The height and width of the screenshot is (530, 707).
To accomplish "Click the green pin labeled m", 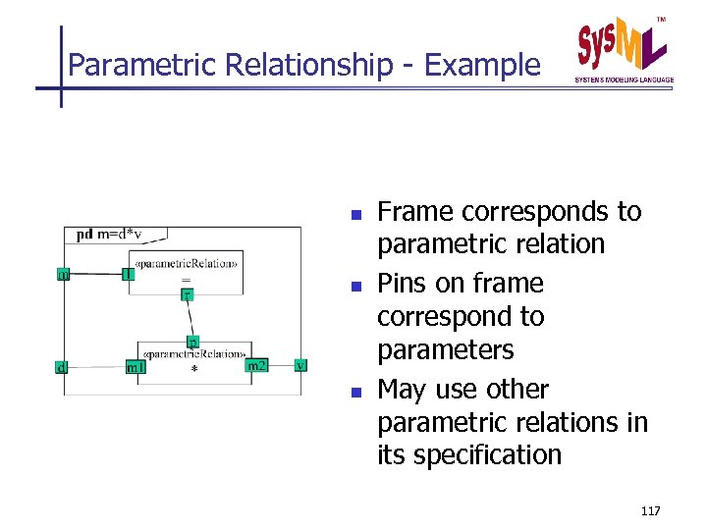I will (x=63, y=276).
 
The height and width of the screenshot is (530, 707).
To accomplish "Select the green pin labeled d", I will (x=61, y=367).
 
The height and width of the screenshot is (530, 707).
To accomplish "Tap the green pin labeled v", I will (x=300, y=366).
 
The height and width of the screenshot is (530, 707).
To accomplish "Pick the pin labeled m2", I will (x=256, y=366).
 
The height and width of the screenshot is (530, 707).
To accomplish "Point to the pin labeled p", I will (x=193, y=343).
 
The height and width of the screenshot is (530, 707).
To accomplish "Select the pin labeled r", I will (x=187, y=293).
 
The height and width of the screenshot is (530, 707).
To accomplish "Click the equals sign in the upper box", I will (x=186, y=279).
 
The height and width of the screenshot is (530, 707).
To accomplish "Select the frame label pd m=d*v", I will (x=109, y=235).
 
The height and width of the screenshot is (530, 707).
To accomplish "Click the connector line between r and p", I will (x=190, y=318).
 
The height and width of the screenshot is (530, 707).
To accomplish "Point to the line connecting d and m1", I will (x=97, y=368).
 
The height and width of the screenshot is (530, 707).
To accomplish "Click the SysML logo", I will (x=623, y=49).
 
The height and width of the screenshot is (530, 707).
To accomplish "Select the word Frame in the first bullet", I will (x=415, y=212).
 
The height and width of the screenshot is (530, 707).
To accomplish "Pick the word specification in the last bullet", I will (x=469, y=455).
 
